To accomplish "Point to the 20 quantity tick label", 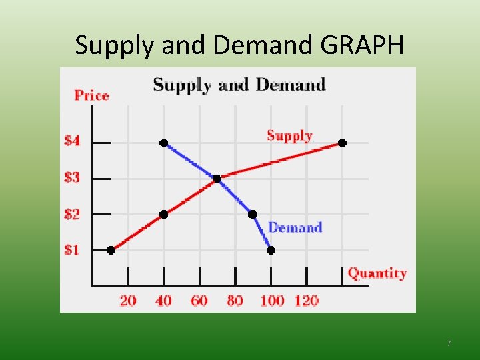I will (x=128, y=301).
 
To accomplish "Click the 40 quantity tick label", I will (x=163, y=301).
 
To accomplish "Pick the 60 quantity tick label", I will (x=199, y=301).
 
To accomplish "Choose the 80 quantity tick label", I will (x=235, y=301).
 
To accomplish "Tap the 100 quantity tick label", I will (x=271, y=301).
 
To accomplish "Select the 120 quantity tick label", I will (x=307, y=301).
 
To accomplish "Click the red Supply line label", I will (x=289, y=136).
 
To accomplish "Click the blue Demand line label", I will (x=295, y=228).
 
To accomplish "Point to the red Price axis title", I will (x=91, y=95).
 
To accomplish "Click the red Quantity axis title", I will (x=377, y=273).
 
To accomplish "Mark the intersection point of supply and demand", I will (x=217, y=179).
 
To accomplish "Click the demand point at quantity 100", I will (x=271, y=250).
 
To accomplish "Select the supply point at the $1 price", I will (x=111, y=250).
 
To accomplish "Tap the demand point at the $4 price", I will (x=163, y=143).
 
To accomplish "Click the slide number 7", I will (x=449, y=343).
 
